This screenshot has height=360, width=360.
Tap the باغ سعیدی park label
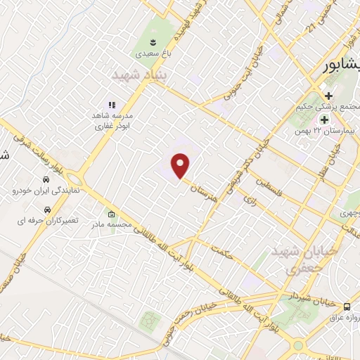(147, 52)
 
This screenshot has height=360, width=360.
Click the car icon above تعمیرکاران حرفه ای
(46, 210)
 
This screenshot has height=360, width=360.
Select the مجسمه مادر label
(110, 225)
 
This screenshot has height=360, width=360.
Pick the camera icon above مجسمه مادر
(110, 214)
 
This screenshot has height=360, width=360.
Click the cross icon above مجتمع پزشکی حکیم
(327, 96)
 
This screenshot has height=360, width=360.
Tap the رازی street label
(251, 201)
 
